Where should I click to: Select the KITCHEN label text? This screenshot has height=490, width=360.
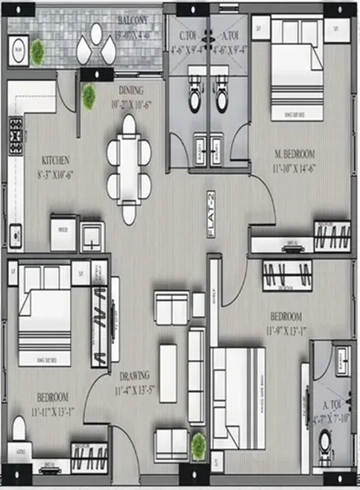point(54,161)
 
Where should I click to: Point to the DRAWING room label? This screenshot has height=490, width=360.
point(128,376)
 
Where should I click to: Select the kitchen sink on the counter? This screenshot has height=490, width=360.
point(15,234)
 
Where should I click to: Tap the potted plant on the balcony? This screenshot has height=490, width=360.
point(38,52)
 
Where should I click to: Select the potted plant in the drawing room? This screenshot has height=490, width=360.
point(199,446)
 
